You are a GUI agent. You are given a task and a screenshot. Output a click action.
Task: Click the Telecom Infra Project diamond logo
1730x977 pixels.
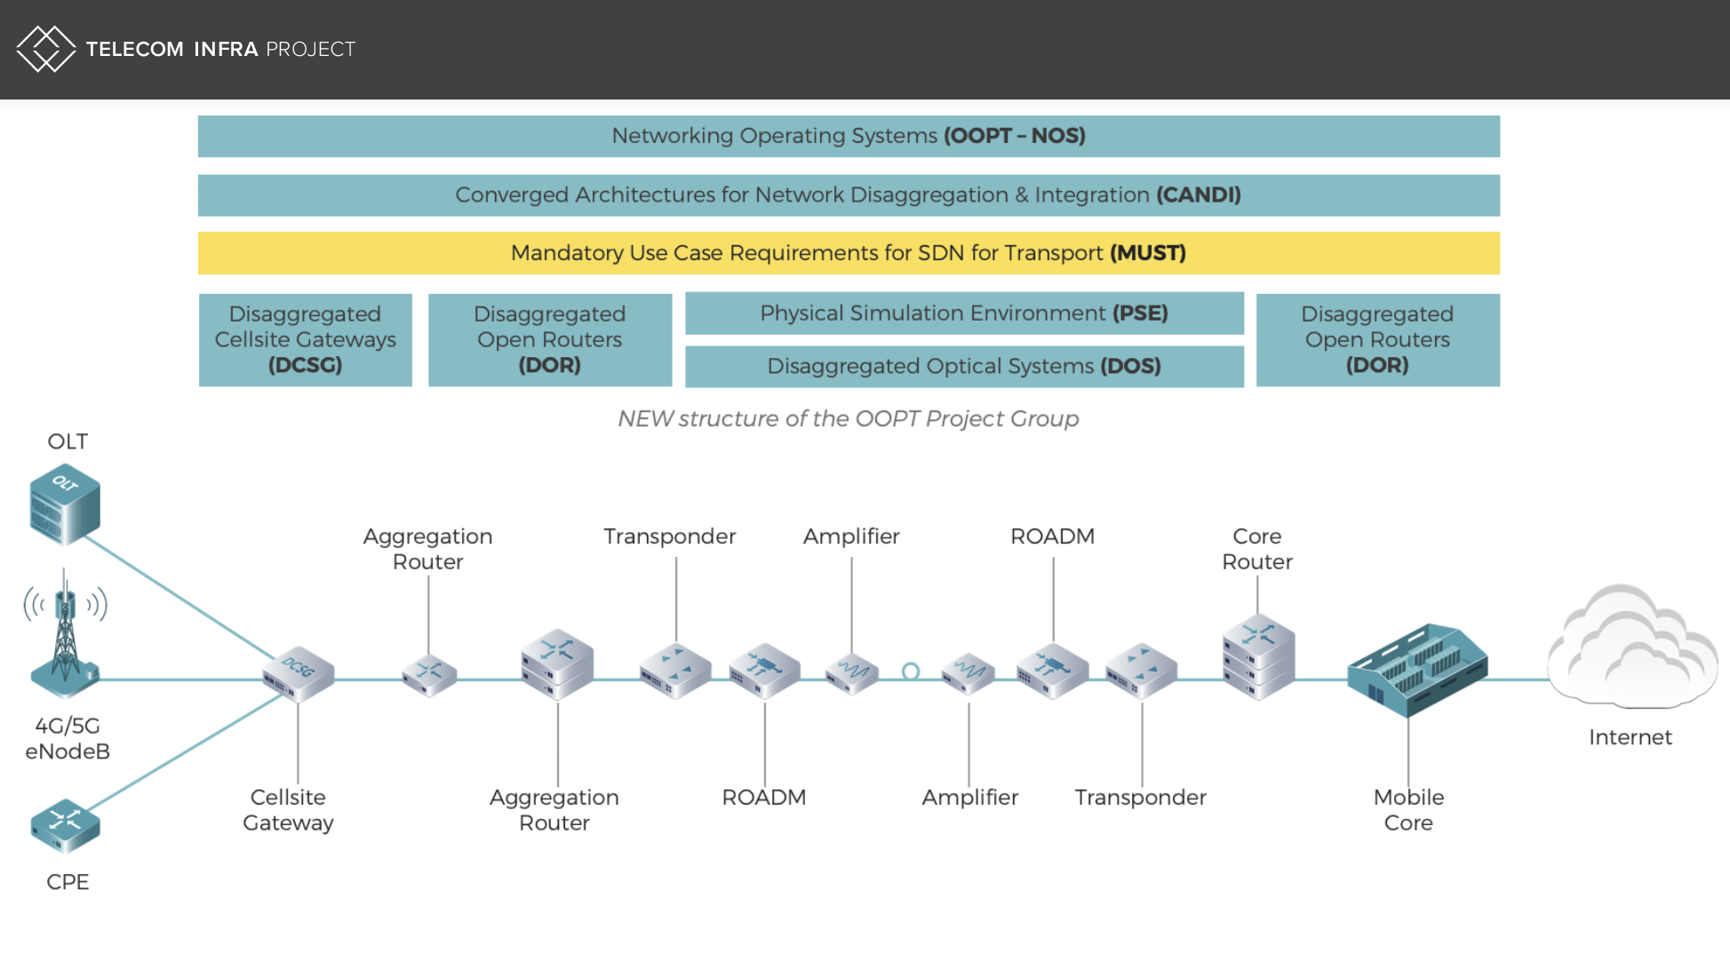[x=46, y=49]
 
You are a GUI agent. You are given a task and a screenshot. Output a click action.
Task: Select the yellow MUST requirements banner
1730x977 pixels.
[x=848, y=253]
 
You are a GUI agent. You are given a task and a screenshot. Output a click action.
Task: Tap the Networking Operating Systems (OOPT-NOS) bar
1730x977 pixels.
[x=848, y=136]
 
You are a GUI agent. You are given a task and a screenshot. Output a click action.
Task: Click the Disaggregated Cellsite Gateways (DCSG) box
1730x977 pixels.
[x=305, y=339]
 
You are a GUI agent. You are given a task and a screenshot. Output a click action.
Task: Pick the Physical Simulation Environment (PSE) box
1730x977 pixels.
[x=963, y=313]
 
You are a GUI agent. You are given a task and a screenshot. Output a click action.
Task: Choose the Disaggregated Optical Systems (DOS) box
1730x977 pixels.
[x=963, y=366]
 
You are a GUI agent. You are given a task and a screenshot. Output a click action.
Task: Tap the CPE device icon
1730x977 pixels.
[x=65, y=825]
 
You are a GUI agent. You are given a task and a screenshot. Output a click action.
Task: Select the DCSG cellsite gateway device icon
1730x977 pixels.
[x=299, y=674]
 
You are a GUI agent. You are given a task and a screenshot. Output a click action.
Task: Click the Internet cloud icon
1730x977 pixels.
[x=1631, y=648]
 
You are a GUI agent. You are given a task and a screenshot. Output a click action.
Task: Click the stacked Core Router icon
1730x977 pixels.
[x=1258, y=657]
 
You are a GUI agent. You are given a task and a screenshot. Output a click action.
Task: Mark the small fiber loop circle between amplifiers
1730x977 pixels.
[x=911, y=671]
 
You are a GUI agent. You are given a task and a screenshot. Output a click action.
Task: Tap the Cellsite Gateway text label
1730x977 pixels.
[x=288, y=809]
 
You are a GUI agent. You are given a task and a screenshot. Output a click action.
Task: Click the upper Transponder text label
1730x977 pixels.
[x=669, y=536]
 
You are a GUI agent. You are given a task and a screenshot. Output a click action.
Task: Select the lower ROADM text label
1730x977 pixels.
[x=763, y=797]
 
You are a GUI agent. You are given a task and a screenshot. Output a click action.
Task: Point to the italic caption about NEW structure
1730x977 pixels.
[x=848, y=418]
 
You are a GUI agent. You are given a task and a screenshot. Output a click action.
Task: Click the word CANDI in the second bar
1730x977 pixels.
[x=1198, y=195]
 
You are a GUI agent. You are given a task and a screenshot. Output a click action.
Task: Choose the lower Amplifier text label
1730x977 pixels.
[x=969, y=797]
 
